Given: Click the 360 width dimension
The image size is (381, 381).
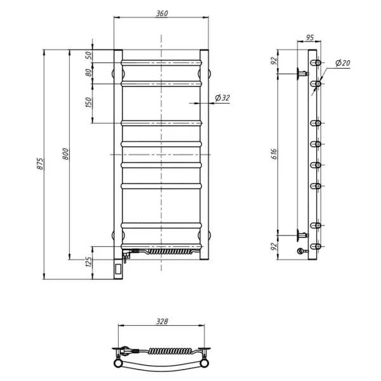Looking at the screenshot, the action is (x=162, y=13).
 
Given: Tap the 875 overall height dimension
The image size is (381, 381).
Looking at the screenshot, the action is (x=41, y=164).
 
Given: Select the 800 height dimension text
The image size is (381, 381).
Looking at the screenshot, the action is (x=65, y=154).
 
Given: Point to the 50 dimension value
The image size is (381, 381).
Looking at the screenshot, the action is (x=90, y=56).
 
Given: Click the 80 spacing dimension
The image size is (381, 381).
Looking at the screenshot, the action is (x=89, y=72).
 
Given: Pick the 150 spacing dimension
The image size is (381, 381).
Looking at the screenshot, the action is (x=89, y=102).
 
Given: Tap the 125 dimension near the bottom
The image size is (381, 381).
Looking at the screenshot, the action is (x=89, y=262).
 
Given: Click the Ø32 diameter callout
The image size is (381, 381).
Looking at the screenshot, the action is (x=222, y=98).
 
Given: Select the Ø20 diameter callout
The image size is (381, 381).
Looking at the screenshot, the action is (x=343, y=63).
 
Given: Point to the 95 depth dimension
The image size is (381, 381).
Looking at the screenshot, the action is (x=310, y=37).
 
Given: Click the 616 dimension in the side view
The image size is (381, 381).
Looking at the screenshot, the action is (x=274, y=154).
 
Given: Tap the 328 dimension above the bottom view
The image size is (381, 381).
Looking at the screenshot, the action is (x=162, y=321).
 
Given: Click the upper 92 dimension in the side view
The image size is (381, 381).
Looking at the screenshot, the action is (x=274, y=60).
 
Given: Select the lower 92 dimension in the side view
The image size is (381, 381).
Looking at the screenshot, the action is (x=274, y=246).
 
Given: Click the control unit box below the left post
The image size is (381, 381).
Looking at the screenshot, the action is (x=118, y=269).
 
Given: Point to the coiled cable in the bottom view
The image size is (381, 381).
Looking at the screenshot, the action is (x=170, y=351).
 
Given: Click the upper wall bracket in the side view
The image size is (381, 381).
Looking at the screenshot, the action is (x=302, y=74).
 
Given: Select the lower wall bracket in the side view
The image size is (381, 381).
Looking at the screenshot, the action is (x=302, y=235).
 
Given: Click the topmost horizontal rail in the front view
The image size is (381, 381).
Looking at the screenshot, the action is (x=161, y=63).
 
